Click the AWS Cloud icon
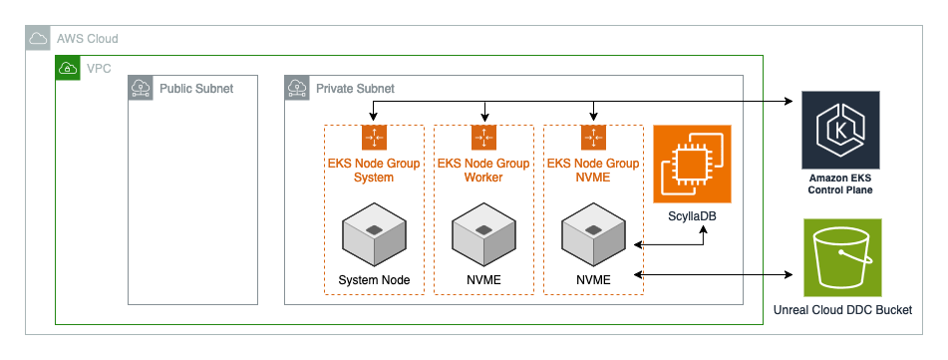click(x=38, y=39)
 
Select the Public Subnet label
click(x=196, y=89)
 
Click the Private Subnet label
click(x=355, y=89)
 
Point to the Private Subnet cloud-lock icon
click(x=297, y=88)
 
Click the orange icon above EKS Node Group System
click(x=374, y=137)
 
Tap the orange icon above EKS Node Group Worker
click(x=483, y=137)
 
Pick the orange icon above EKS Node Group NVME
click(x=593, y=137)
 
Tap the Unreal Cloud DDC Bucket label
click(x=842, y=310)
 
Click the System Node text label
click(x=374, y=279)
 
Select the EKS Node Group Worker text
click(x=483, y=171)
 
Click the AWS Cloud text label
click(x=88, y=39)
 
